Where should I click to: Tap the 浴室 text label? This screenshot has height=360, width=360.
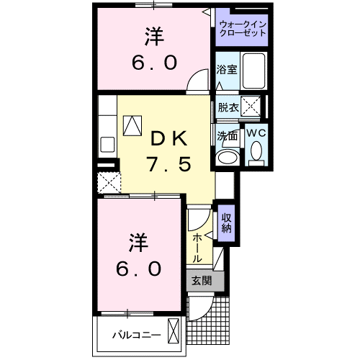click(227, 71)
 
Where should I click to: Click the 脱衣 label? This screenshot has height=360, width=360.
click(227, 107)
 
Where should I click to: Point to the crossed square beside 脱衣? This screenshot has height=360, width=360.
click(251, 107)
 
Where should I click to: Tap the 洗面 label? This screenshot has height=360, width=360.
click(227, 135)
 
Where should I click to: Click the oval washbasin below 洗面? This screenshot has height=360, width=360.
click(228, 157)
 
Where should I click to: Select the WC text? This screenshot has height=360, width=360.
click(256, 133)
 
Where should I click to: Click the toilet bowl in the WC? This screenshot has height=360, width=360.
click(256, 154)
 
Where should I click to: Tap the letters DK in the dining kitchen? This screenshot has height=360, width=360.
click(169, 136)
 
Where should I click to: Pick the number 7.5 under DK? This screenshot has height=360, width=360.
click(169, 165)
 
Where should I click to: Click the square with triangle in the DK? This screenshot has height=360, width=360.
click(133, 126)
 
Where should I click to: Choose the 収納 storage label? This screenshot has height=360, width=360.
click(226, 224)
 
